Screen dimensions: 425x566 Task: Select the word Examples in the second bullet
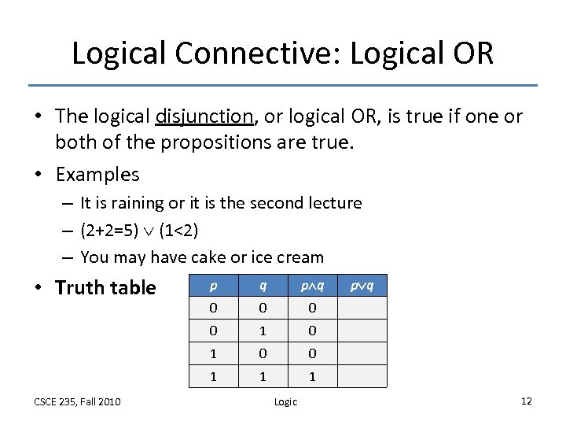pos(97,174)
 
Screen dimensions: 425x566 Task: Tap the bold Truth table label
pos(105,288)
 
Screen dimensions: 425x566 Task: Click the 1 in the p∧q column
pos(312,377)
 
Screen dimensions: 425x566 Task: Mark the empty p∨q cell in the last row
pos(362,377)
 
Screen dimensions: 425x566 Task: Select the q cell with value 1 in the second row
pos(263,331)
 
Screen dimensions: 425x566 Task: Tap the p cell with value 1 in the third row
pos(214,354)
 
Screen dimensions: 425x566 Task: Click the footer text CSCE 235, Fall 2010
pos(77,402)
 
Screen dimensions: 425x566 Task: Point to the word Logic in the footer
pos(285,402)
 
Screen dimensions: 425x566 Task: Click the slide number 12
pos(526,401)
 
